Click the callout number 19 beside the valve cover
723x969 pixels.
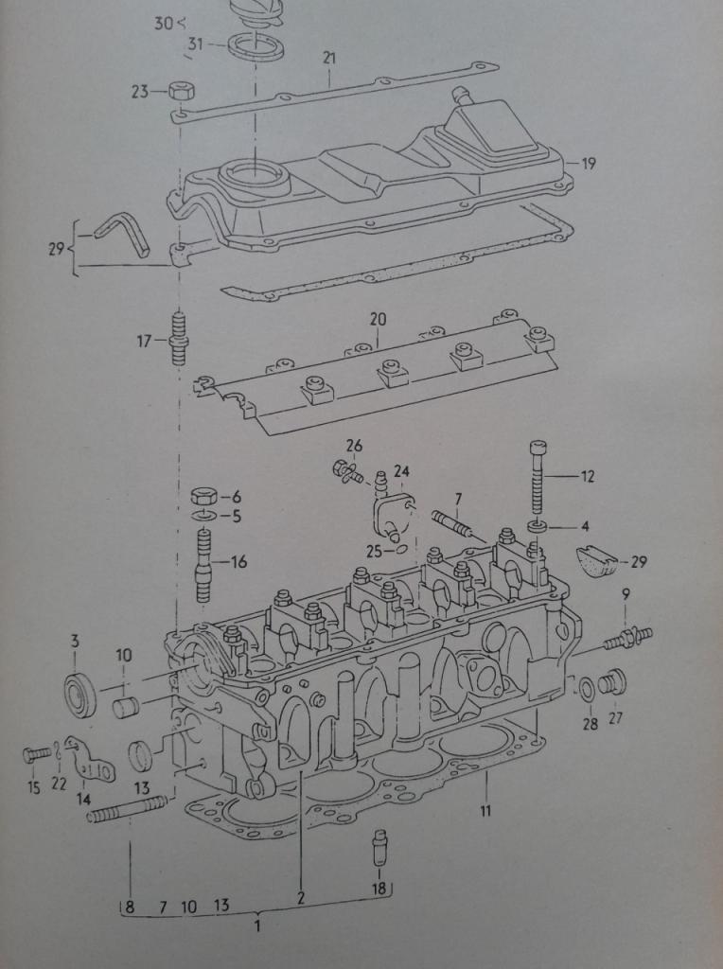tap(589, 164)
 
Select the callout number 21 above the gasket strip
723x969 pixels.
tap(329, 59)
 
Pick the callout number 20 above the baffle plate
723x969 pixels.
tap(378, 320)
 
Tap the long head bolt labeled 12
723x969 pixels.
tap(538, 483)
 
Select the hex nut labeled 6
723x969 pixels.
tap(203, 496)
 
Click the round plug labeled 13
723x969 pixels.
tap(141, 756)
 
